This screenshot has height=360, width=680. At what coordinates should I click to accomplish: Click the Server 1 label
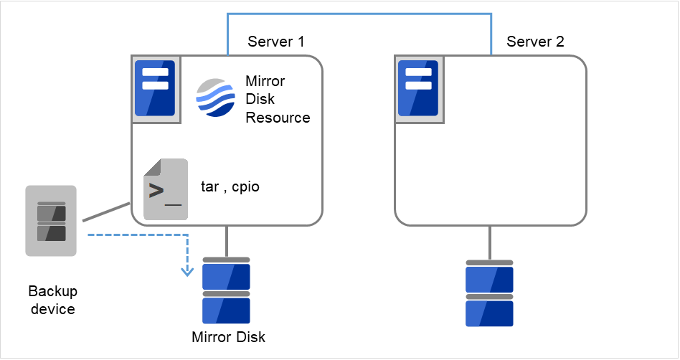coord(275,42)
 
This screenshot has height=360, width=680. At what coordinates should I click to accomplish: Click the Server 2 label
coord(535,42)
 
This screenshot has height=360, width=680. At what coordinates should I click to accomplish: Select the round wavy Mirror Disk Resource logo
coord(216,98)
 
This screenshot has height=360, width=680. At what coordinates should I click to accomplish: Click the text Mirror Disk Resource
coord(277,98)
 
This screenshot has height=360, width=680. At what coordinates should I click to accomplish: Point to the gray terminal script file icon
coord(165,189)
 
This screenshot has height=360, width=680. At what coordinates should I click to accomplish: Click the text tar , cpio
coord(230,187)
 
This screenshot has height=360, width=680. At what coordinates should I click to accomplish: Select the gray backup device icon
coord(51,221)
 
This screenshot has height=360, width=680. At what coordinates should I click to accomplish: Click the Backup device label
coord(52,300)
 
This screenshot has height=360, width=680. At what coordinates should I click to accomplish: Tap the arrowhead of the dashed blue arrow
coord(187,271)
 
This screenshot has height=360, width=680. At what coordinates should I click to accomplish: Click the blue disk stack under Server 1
coord(226,290)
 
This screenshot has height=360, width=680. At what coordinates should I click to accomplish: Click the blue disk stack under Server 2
coord(489,293)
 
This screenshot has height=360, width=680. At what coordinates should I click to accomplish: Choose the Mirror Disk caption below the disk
coord(228,337)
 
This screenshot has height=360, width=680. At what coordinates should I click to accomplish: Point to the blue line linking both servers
coord(359,13)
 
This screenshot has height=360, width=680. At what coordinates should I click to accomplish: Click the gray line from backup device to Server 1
coord(106,212)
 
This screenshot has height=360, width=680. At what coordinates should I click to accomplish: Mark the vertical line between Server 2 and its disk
coord(490,242)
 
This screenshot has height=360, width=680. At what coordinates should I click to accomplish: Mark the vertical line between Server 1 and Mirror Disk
coord(227,241)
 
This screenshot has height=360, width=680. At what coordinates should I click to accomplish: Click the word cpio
coord(246,187)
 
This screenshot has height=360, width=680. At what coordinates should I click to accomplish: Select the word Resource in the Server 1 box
coord(278,118)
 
